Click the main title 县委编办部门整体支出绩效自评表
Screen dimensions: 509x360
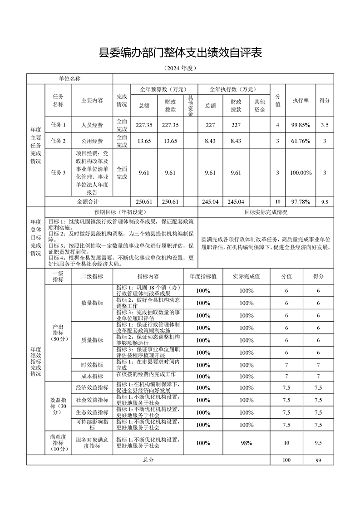[180, 53]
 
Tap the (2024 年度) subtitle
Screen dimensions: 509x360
[180, 69]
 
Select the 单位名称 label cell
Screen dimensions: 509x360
[69, 79]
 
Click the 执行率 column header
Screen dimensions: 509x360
[301, 100]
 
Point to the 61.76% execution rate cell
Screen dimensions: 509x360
[301, 141]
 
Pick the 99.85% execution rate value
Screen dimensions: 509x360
[301, 125]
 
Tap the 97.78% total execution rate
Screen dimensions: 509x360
[301, 202]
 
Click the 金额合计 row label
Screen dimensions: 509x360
[88, 201]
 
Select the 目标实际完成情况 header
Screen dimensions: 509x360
[266, 212]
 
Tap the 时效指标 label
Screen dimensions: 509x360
[92, 365]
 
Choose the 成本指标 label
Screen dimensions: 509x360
[92, 376]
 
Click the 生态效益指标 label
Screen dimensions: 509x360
[92, 412]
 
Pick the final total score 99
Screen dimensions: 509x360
[318, 460]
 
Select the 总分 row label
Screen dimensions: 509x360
[148, 460]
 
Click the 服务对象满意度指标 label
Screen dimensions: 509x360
[92, 443]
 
